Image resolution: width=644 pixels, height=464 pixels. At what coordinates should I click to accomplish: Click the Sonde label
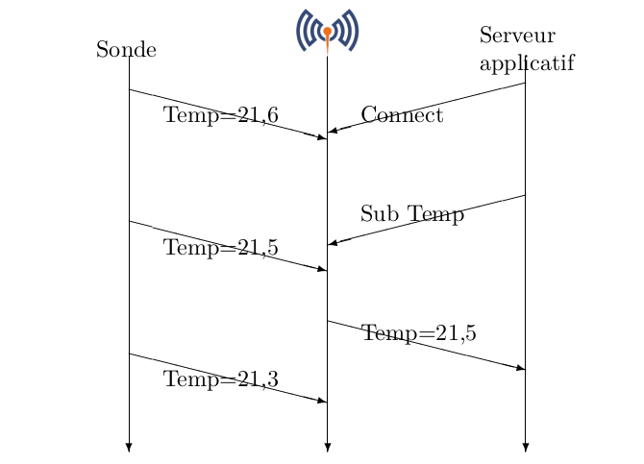click(126, 50)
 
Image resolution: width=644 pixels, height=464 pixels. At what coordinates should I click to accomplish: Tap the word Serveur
click(517, 37)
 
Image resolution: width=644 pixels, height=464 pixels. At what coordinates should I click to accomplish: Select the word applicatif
click(526, 63)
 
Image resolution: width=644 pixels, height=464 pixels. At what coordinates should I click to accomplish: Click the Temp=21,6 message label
click(221, 116)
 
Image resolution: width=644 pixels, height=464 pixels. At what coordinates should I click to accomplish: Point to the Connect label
click(402, 116)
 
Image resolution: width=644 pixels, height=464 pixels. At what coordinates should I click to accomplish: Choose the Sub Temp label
click(412, 214)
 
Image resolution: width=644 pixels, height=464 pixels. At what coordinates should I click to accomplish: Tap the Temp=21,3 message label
click(221, 380)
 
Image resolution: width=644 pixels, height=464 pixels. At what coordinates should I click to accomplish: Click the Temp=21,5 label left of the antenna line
click(221, 248)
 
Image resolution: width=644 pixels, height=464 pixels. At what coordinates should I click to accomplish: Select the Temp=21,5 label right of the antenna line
click(419, 333)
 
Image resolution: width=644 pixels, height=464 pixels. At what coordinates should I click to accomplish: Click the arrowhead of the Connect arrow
click(333, 131)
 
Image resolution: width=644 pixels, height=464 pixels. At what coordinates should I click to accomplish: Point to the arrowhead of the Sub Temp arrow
click(333, 243)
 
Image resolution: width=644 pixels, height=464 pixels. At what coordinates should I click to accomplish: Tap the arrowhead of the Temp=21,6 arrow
click(322, 137)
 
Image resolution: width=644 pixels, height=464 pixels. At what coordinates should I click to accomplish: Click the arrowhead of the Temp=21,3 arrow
click(322, 401)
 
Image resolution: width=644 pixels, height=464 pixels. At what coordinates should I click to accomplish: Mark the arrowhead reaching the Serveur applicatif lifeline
click(520, 368)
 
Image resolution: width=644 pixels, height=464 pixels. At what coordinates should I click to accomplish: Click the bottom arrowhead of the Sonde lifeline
click(129, 447)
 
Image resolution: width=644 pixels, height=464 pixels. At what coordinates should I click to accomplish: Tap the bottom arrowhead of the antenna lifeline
click(327, 447)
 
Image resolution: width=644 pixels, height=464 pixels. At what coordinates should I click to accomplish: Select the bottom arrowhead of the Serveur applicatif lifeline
click(526, 447)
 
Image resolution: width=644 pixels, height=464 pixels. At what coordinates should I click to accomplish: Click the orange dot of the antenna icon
click(327, 31)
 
